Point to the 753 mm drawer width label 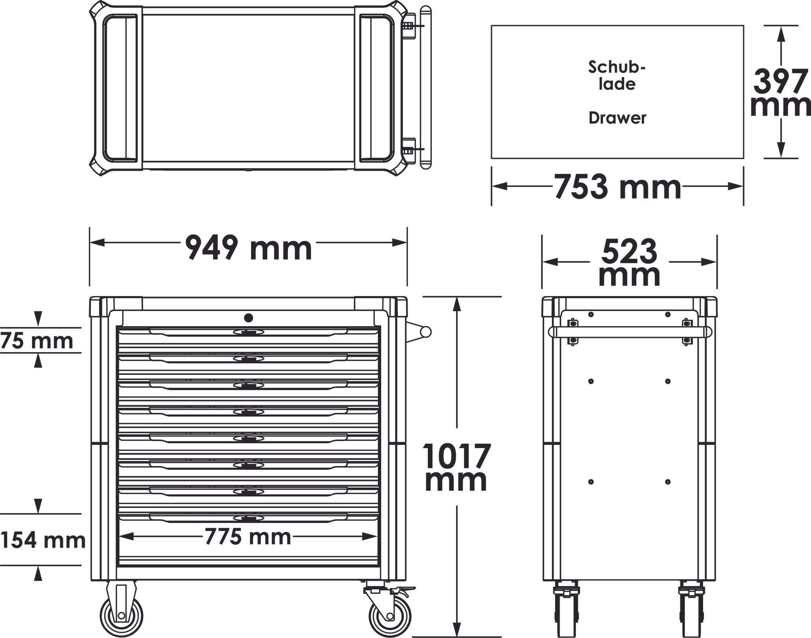click(617, 187)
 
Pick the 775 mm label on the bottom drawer click(248, 537)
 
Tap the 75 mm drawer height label click(36, 341)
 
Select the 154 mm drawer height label click(43, 541)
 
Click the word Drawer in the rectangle click(617, 118)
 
